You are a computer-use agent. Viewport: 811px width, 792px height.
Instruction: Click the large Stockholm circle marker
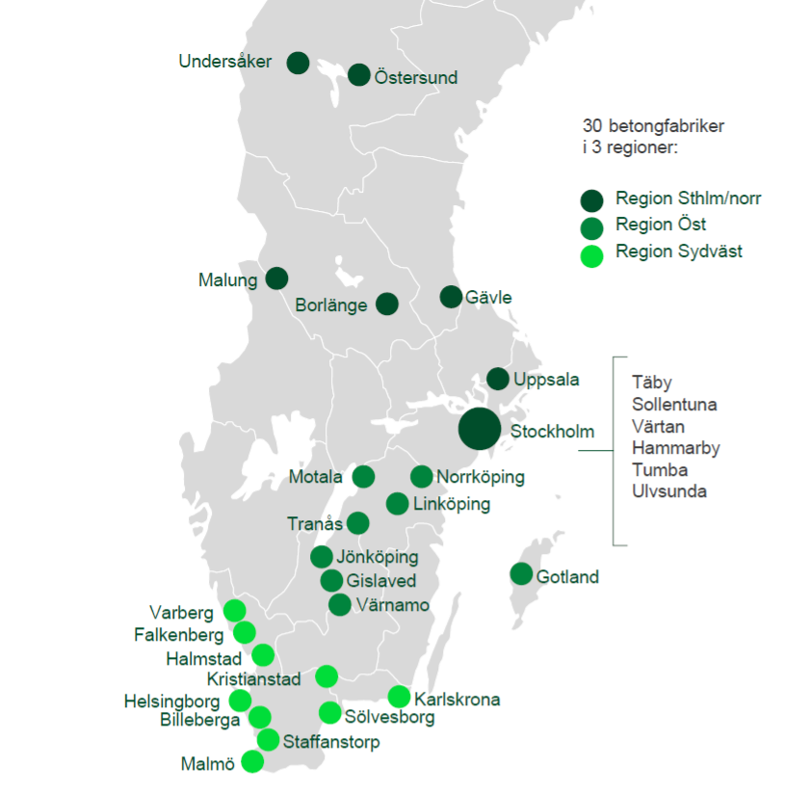tap(480, 429)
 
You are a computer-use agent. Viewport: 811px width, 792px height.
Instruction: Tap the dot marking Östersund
tap(359, 75)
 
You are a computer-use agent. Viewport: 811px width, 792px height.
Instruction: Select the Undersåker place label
tap(225, 62)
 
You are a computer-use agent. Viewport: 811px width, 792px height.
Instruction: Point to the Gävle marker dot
tap(451, 297)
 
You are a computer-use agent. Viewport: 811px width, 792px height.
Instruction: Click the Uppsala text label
tap(546, 380)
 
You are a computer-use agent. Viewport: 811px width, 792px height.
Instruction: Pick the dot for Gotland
tap(521, 574)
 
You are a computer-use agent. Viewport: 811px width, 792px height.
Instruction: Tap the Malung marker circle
tap(276, 278)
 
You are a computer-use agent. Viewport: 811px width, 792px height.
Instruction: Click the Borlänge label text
tap(331, 306)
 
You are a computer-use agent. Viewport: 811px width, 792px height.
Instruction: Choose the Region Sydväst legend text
tap(679, 252)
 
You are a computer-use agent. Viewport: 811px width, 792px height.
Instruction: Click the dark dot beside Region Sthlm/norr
tap(591, 200)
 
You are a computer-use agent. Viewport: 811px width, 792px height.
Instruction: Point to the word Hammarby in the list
tap(675, 448)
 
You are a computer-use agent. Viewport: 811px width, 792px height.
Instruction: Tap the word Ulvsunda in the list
tap(669, 491)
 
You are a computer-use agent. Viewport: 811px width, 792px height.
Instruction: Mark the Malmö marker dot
tap(252, 761)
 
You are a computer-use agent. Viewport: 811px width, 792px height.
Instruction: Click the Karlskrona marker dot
tap(399, 697)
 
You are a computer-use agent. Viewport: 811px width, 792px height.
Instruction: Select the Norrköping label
tap(480, 477)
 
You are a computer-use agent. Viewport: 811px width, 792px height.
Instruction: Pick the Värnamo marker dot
tap(339, 605)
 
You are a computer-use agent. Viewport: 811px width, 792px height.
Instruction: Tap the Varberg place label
tap(181, 612)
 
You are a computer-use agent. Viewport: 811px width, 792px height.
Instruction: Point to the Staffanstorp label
tap(331, 742)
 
